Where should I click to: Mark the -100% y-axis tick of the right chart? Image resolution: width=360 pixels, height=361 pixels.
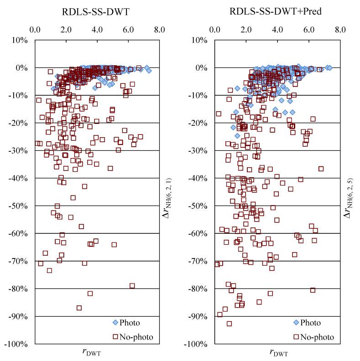(197, 344)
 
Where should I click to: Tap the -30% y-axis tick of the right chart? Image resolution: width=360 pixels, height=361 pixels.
(198, 150)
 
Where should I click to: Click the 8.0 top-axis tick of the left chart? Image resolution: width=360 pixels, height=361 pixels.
(159, 30)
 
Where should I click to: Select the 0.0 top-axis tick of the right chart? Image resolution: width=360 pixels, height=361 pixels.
(215, 30)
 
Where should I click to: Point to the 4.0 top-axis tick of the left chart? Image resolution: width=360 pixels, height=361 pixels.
(97, 30)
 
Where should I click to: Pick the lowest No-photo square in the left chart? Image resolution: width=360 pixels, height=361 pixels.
(79, 308)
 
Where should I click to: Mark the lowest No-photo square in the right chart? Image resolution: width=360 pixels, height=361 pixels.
(229, 324)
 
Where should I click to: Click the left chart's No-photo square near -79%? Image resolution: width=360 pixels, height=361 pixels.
(132, 286)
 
